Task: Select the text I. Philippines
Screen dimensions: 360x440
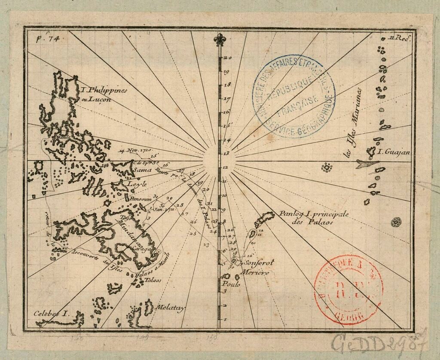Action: click(104, 91)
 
